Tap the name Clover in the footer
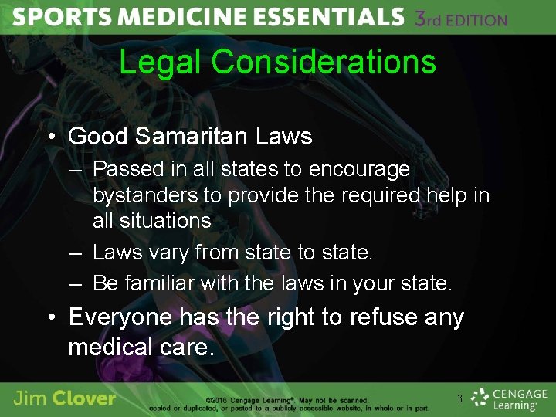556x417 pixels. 86,398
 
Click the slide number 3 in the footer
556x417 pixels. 459,398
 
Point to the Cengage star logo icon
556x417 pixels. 481,398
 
